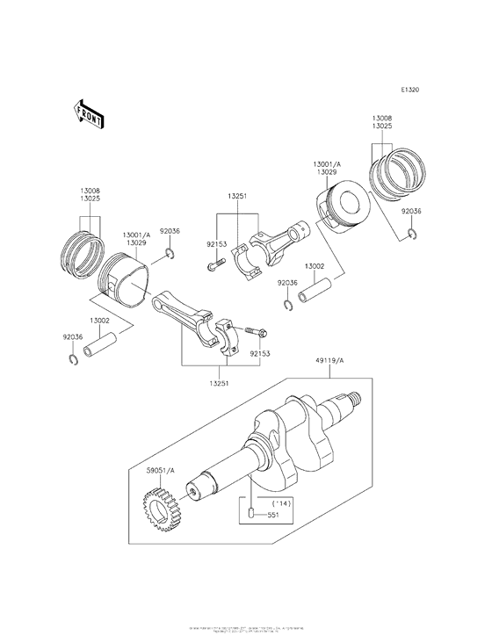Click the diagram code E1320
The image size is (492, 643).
[x=409, y=90]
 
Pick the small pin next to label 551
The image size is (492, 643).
[x=250, y=513]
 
